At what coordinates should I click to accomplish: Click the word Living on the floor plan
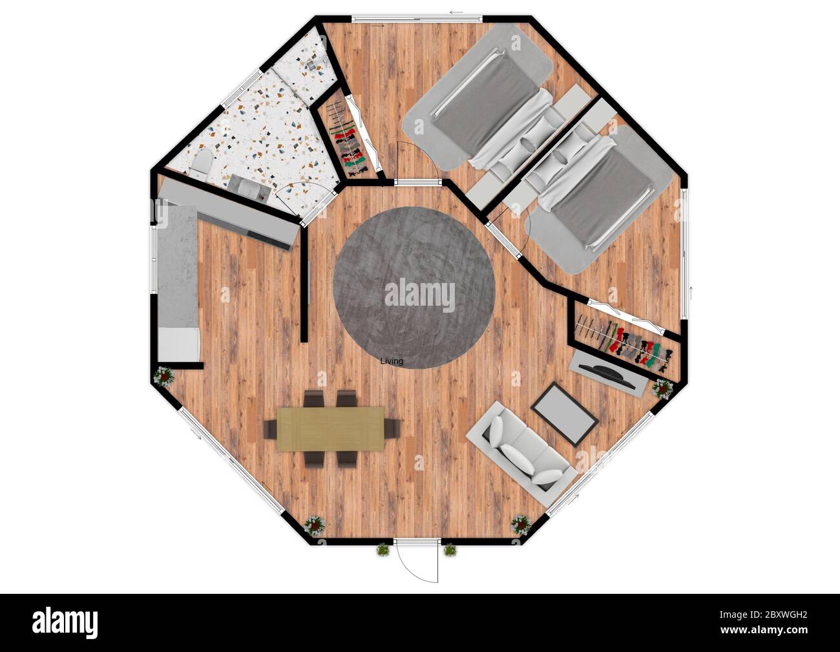tap(392, 361)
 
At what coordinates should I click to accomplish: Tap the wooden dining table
tap(330, 428)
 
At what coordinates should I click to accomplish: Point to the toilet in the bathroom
tap(200, 165)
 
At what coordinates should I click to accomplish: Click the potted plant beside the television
tap(662, 389)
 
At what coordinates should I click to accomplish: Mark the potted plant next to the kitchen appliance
tap(164, 376)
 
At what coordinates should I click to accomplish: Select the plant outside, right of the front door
tap(450, 551)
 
